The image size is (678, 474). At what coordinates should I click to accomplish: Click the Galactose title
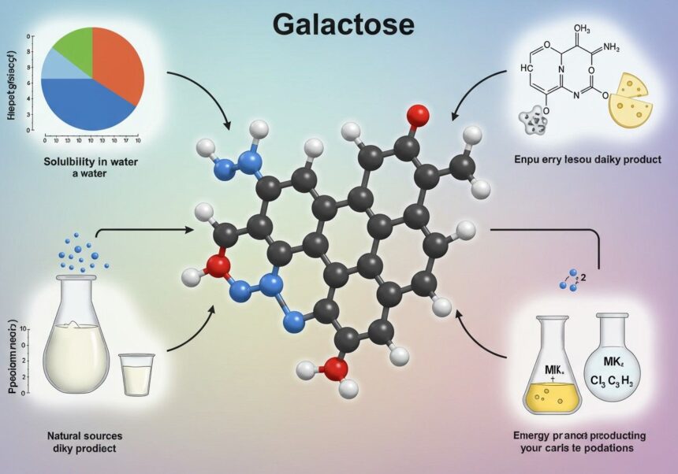(x=343, y=24)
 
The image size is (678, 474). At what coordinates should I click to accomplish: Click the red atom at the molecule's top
(x=419, y=116)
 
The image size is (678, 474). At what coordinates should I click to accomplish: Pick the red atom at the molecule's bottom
(x=336, y=368)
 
